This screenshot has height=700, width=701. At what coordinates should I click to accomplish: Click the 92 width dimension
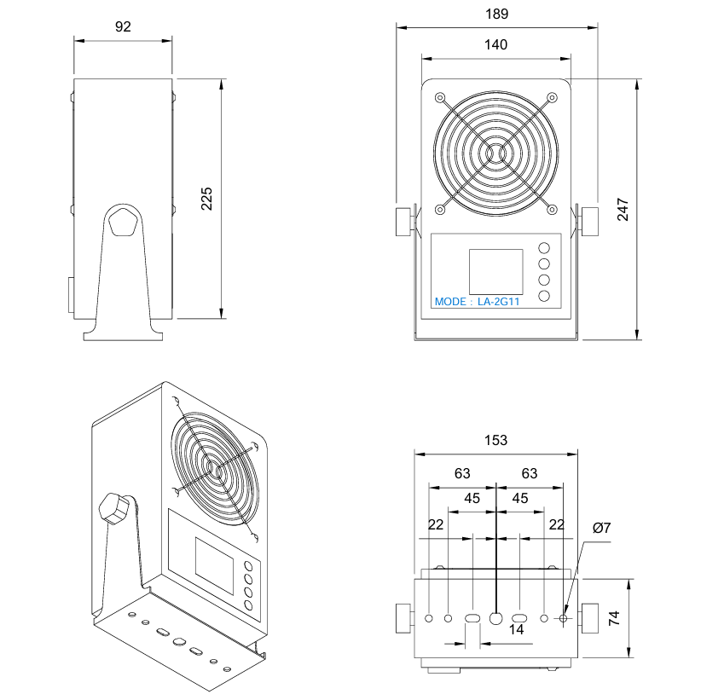[x=123, y=26]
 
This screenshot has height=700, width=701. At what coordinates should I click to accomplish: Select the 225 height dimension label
[x=206, y=198]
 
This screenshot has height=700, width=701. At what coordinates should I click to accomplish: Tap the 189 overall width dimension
[x=496, y=14]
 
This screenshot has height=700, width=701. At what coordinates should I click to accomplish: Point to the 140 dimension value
[x=496, y=45]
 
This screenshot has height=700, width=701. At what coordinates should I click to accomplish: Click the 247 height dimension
[x=623, y=210]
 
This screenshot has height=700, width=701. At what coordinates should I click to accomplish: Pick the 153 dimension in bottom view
[x=496, y=440]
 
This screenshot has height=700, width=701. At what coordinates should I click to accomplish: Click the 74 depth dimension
[x=614, y=619]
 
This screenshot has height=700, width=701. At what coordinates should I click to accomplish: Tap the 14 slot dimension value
[x=516, y=629]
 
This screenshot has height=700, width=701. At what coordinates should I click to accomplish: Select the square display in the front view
[x=495, y=272]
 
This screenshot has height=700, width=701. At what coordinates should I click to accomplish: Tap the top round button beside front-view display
[x=544, y=247]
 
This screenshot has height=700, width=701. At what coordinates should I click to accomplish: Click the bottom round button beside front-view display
[x=544, y=296]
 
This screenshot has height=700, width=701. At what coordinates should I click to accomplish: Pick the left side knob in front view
[x=403, y=221]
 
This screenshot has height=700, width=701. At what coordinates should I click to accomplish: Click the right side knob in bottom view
[x=590, y=617]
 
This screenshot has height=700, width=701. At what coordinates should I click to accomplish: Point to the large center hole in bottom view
[x=496, y=617]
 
